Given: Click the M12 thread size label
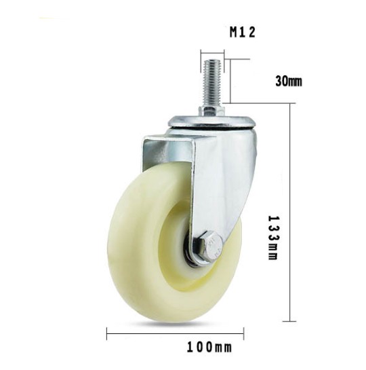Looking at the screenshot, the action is click(x=243, y=32).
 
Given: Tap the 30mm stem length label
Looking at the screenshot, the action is click(x=288, y=81).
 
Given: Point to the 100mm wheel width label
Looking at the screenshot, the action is click(x=209, y=348).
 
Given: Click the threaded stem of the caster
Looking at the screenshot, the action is click(x=212, y=83).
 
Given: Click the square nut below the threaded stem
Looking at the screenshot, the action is click(x=211, y=111).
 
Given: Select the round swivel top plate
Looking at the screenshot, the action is click(x=211, y=122).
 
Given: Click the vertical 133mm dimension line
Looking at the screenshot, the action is click(x=289, y=212).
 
